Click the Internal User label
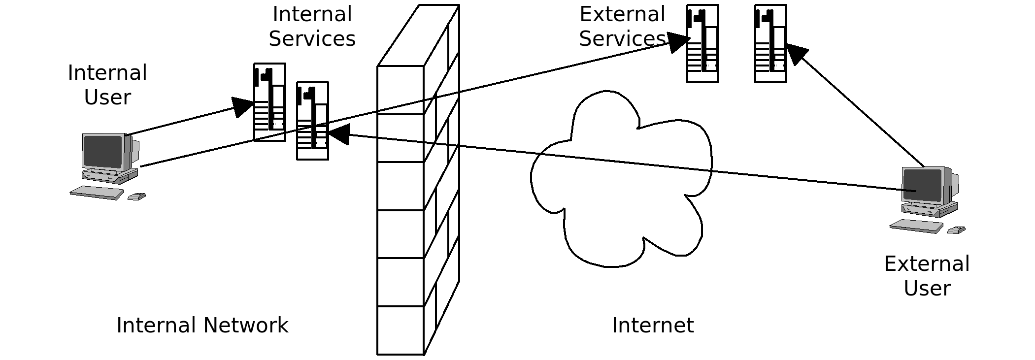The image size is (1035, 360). click(107, 85)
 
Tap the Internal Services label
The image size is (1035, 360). click(312, 27)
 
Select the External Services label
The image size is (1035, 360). click(622, 27)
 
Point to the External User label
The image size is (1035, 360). click(927, 276)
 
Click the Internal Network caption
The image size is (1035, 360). click(202, 326)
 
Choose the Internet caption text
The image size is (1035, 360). click(653, 326)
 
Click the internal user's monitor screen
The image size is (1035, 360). click(102, 151)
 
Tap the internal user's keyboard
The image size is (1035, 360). click(97, 193)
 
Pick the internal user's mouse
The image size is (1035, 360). click(136, 197)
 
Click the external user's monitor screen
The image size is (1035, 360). click(922, 185)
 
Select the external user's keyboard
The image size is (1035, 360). click(916, 226)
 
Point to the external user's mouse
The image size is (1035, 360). click(956, 230)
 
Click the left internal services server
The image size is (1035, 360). click(269, 102)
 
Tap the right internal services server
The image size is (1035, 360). click(312, 121)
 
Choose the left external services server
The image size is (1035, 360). click(702, 43)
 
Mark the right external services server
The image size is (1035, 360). click(770, 43)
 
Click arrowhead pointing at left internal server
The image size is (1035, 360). click(243, 106)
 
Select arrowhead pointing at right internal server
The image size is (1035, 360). click(338, 134)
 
